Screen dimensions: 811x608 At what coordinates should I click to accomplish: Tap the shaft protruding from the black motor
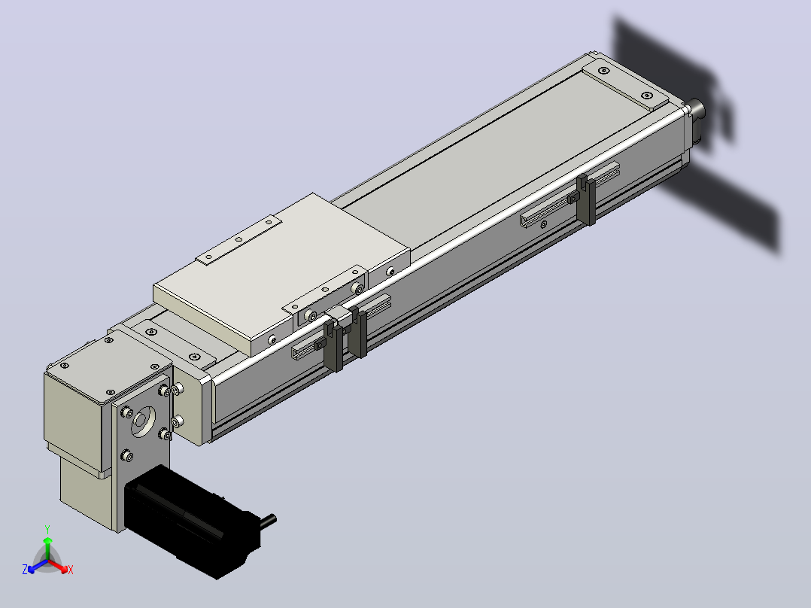tap(269, 521)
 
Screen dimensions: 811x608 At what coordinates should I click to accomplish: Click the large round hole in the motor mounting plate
tap(143, 421)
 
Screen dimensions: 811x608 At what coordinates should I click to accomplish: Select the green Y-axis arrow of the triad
tap(47, 549)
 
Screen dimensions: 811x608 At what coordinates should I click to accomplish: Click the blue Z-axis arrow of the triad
tap(38, 566)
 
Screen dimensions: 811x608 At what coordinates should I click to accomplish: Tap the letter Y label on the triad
tap(47, 530)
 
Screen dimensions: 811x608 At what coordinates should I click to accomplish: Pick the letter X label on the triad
tap(71, 570)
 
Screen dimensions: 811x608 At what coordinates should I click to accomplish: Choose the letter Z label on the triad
tap(25, 570)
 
